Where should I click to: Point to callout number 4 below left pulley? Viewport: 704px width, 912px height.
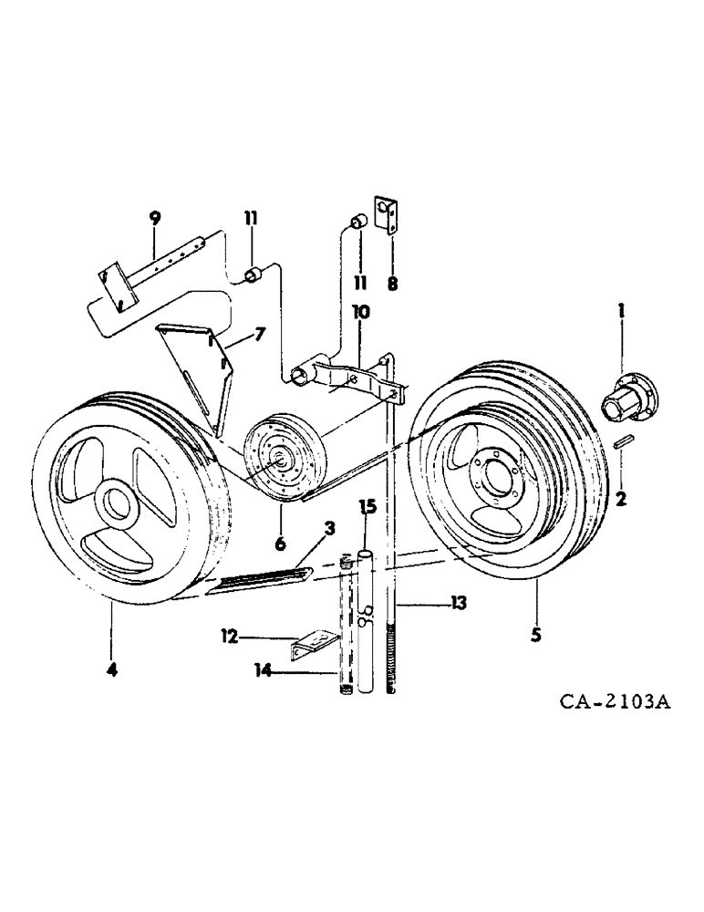111,670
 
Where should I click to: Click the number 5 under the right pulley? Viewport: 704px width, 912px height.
535,631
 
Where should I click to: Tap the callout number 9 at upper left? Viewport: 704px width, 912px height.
154,217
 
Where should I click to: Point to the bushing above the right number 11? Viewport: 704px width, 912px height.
359,223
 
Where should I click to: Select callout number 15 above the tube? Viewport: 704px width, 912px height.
368,505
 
